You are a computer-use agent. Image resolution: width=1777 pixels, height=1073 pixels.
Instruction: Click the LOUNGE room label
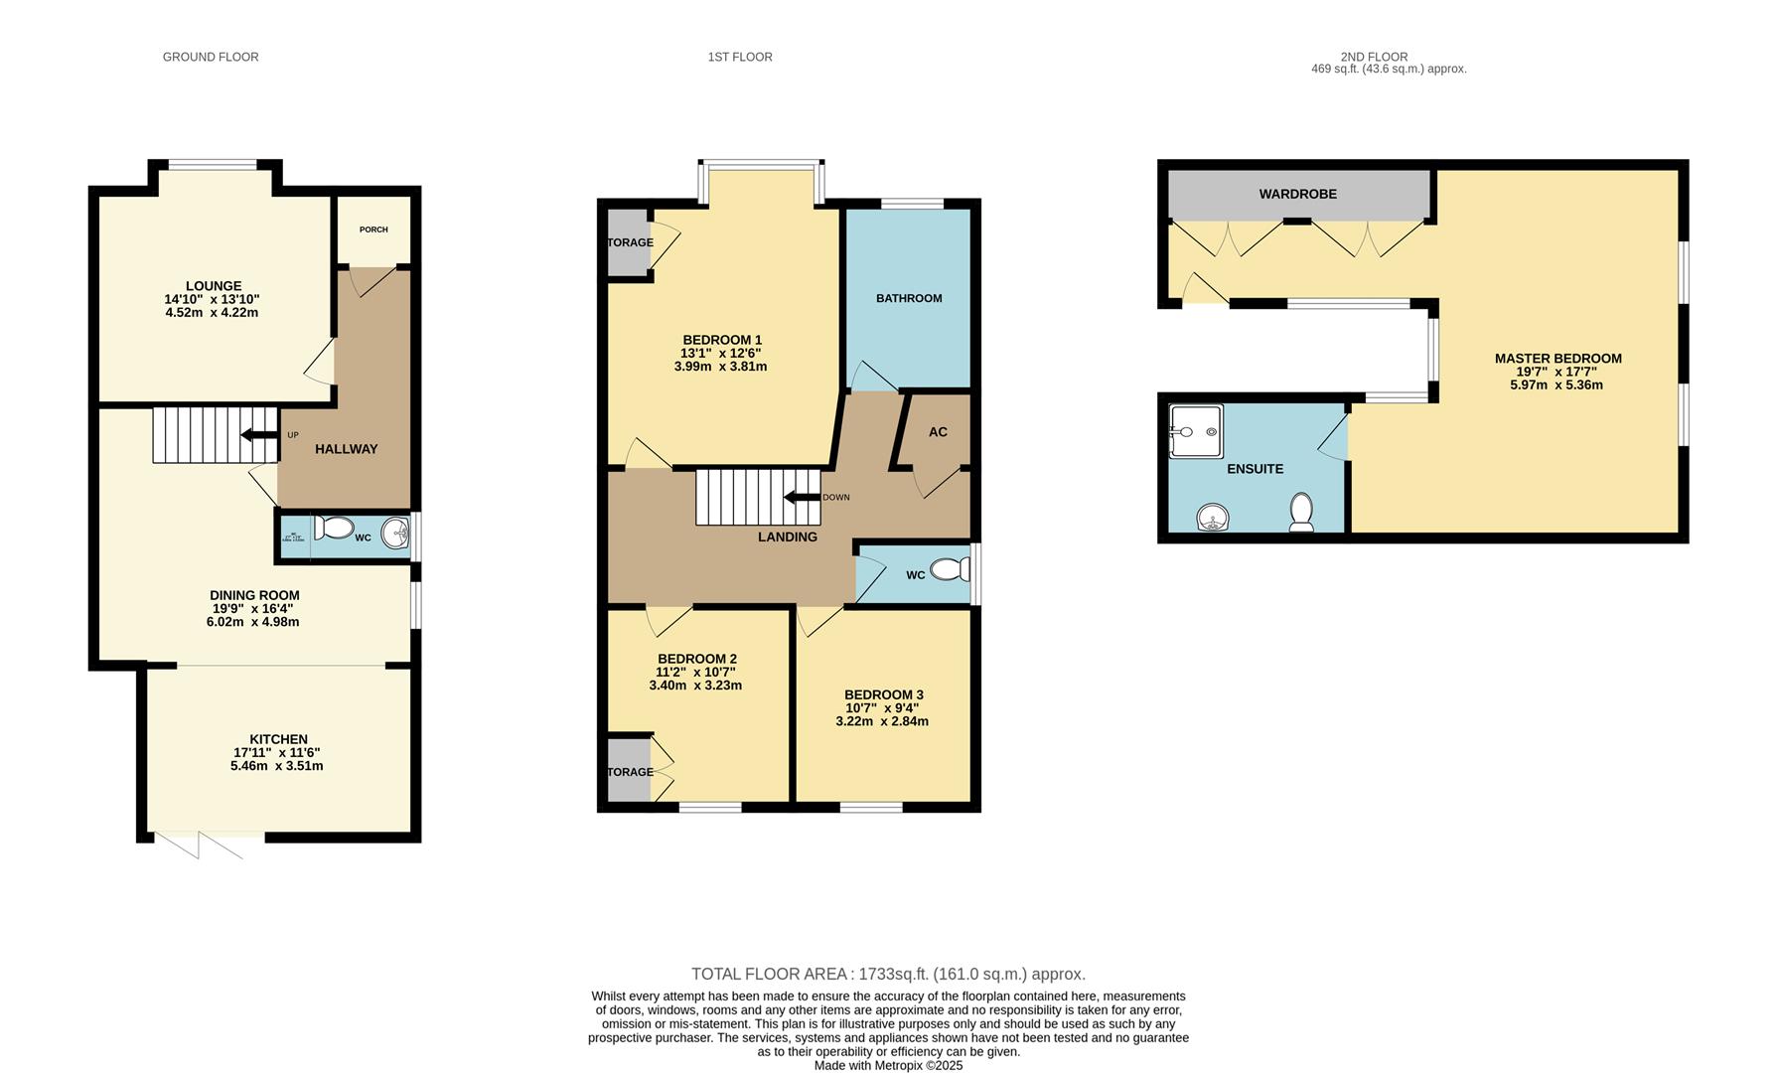[x=213, y=286]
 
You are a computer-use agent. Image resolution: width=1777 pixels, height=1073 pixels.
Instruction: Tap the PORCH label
[x=373, y=230]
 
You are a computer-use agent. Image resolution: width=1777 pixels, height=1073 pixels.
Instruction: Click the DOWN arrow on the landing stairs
[x=803, y=497]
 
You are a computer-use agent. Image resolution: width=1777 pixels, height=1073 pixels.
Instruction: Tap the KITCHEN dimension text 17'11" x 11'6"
[x=277, y=753]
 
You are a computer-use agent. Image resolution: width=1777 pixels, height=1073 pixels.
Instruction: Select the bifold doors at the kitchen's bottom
[x=199, y=845]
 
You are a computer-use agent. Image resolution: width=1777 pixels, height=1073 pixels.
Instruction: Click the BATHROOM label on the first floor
[x=909, y=298]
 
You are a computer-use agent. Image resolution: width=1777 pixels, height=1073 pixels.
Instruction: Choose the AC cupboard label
[x=938, y=432]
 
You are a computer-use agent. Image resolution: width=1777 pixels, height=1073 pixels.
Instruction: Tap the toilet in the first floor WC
[x=952, y=570]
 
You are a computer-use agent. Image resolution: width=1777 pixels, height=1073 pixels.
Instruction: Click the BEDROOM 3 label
[x=884, y=694]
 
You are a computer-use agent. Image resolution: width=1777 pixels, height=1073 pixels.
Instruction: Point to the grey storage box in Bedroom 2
[x=628, y=770]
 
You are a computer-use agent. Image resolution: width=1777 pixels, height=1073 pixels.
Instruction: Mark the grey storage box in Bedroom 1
[x=628, y=241]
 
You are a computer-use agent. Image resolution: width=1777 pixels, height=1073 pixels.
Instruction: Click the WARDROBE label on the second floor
[x=1297, y=194]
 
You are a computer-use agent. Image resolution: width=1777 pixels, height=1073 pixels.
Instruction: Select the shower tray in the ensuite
[x=1196, y=431]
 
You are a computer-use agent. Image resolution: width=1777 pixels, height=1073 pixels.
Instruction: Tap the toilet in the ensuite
[x=1301, y=513]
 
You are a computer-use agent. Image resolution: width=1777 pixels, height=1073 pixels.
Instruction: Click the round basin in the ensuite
[x=1212, y=518]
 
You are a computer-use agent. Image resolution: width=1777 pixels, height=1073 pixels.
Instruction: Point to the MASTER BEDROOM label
[x=1557, y=359]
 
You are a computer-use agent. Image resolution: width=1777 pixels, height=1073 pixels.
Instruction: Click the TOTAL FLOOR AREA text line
[x=888, y=974]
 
